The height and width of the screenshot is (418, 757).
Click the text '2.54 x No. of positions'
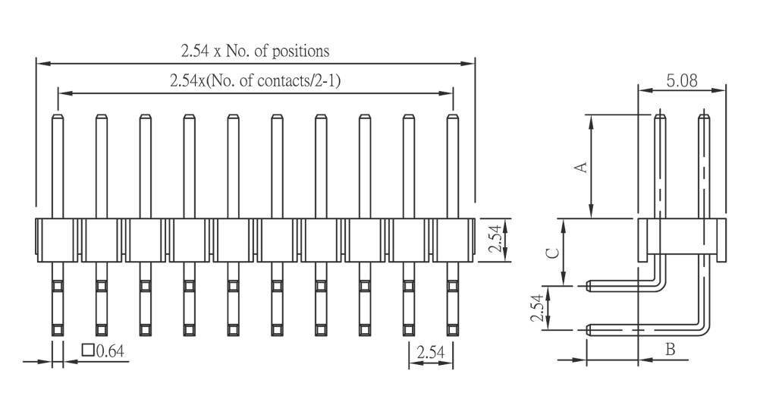click(254, 51)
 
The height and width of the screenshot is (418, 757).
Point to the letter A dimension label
click(582, 166)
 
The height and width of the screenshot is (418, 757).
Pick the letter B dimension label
click(670, 350)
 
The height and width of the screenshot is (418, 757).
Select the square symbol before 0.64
click(87, 350)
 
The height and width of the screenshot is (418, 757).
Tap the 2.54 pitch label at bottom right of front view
click(431, 351)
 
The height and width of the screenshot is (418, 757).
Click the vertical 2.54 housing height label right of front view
click(494, 240)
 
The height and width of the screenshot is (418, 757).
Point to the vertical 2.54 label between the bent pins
click(537, 308)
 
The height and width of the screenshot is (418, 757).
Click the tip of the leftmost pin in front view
click(58, 117)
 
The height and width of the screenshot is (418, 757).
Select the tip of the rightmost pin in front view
click(453, 117)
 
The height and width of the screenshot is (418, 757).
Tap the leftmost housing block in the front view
click(58, 240)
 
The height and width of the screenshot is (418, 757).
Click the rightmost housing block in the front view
click(453, 240)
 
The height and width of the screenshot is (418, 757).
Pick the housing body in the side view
click(681, 237)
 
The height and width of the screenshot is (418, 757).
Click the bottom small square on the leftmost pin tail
click(58, 329)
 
